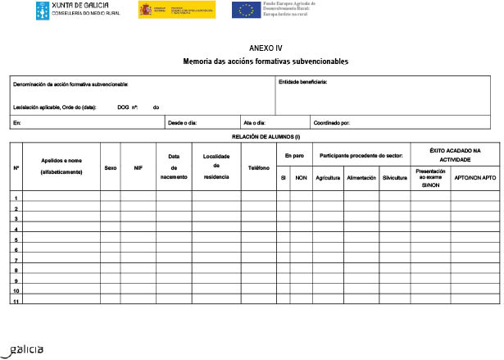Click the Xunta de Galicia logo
(x=77, y=10)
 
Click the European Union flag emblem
(x=243, y=10)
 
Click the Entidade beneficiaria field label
(x=303, y=82)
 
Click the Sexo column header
(x=111, y=167)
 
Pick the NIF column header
(x=138, y=167)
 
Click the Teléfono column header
(x=259, y=167)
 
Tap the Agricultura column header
(x=327, y=177)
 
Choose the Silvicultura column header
(x=394, y=177)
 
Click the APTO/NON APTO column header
(x=475, y=177)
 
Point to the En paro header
(x=294, y=155)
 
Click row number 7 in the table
(x=16, y=260)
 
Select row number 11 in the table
(x=16, y=302)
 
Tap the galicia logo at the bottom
(x=25, y=349)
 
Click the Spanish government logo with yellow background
(x=176, y=10)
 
